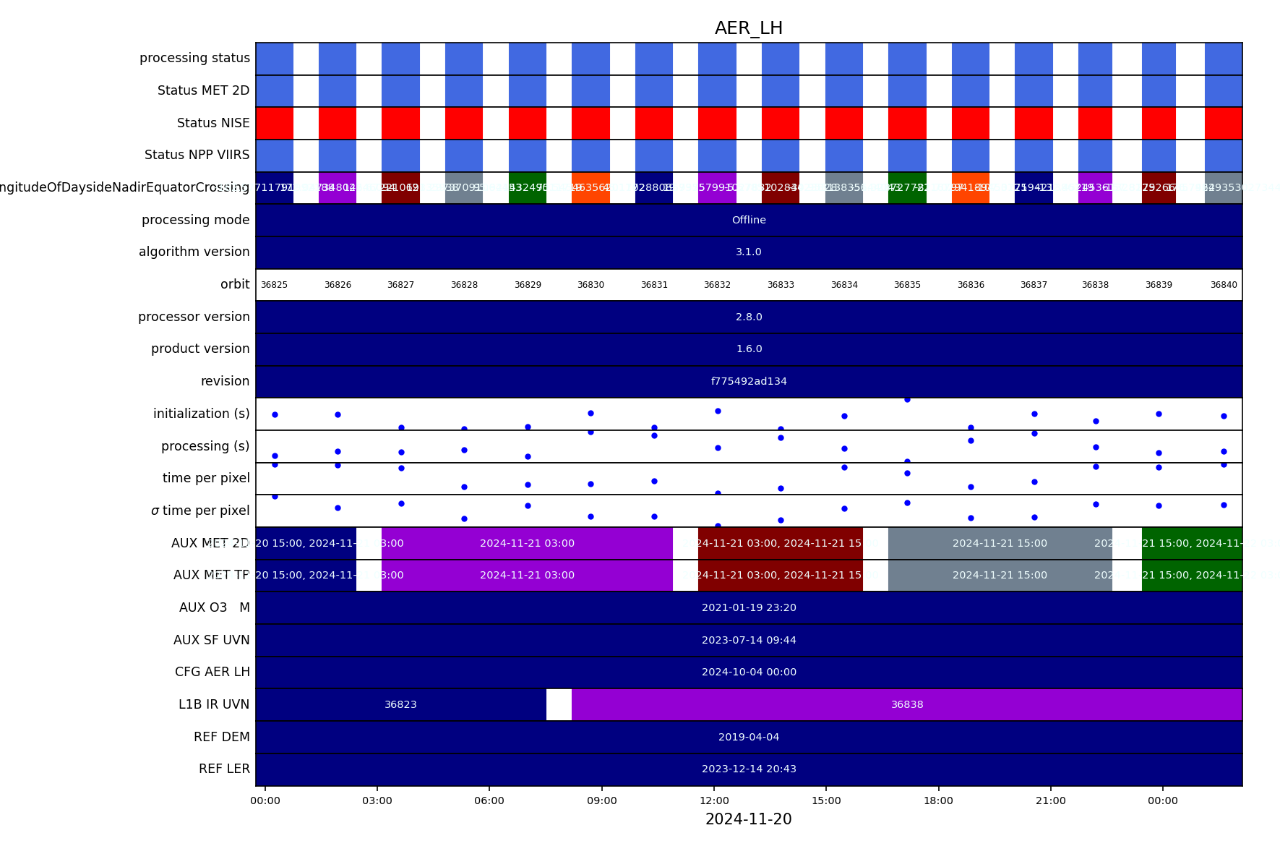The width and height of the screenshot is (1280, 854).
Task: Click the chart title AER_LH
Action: [x=748, y=28]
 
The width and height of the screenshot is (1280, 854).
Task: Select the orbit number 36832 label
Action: [x=717, y=285]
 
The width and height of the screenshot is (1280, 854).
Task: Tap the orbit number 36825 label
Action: [x=274, y=285]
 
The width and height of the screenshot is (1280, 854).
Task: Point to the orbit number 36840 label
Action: [x=1223, y=285]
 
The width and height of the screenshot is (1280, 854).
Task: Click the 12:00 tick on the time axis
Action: [x=714, y=800]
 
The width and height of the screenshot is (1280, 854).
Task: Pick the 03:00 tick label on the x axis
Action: [x=377, y=800]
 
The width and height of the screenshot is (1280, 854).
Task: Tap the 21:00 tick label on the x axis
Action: [x=1050, y=800]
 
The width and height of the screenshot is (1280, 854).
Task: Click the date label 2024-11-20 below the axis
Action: [x=748, y=819]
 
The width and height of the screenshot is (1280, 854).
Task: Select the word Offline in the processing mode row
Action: [x=748, y=220]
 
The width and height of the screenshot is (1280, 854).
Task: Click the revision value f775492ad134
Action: [x=748, y=381]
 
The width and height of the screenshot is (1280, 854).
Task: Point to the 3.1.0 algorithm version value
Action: [x=748, y=252]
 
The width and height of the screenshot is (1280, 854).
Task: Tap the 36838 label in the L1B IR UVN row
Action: [x=906, y=704]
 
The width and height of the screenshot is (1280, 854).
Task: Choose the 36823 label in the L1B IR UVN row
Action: [x=400, y=704]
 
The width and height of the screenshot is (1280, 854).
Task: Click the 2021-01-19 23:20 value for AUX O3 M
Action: [x=748, y=607]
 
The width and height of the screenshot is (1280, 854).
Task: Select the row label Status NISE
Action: [x=213, y=123]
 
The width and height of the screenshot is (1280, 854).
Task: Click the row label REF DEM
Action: [x=221, y=737]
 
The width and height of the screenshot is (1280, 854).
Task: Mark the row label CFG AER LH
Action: [x=212, y=672]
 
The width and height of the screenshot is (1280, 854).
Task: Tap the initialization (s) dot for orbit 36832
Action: [x=718, y=411]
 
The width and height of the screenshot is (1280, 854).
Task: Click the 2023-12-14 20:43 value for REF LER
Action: [x=748, y=769]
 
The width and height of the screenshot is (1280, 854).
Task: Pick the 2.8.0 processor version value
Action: [x=748, y=317]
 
